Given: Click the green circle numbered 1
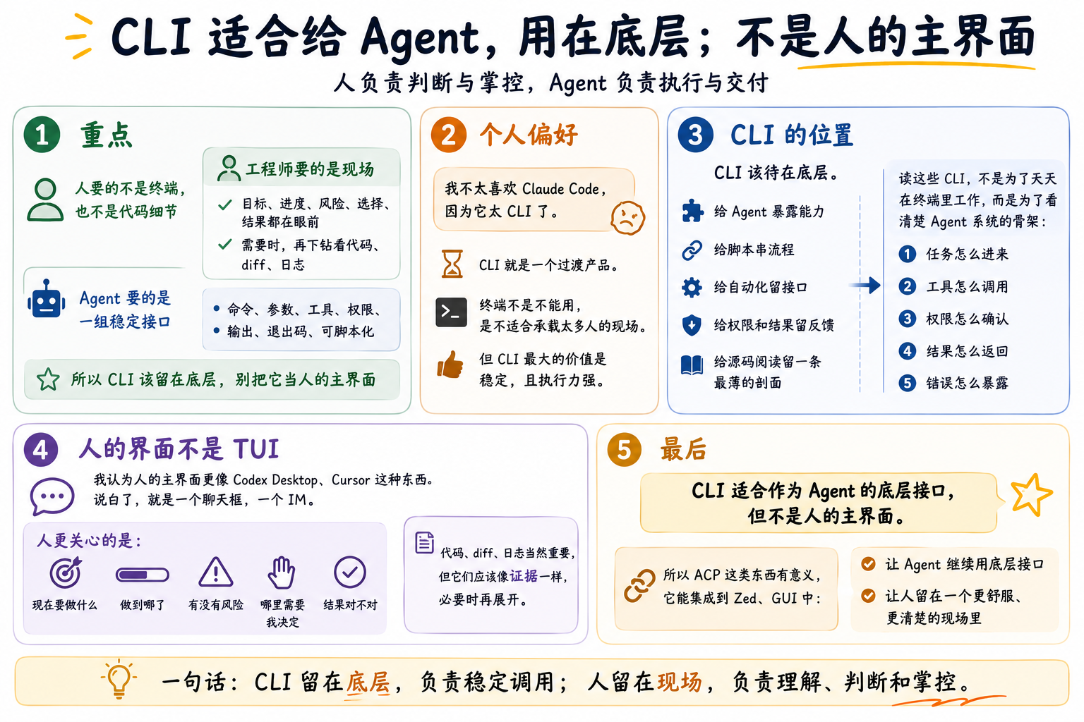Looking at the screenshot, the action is (42, 135).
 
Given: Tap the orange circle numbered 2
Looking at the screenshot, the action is (449, 135).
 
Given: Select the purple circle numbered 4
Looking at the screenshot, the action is (41, 449).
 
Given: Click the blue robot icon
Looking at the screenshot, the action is (47, 299).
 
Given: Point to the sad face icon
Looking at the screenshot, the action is (627, 218).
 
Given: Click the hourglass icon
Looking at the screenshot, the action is (452, 264).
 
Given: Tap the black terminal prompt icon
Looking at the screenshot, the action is (451, 312).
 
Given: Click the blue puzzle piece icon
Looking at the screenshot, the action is (692, 210).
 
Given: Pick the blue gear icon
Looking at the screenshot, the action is (692, 287).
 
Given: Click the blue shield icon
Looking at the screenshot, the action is (692, 325).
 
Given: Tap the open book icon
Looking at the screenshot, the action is (692, 365).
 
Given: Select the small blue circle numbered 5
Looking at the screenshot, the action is (908, 383).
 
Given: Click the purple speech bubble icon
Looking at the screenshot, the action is (52, 496).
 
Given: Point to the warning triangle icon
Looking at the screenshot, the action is (216, 572).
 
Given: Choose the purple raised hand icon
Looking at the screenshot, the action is (282, 573).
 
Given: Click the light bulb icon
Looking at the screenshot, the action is (119, 679).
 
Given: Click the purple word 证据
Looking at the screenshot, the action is (524, 576).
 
